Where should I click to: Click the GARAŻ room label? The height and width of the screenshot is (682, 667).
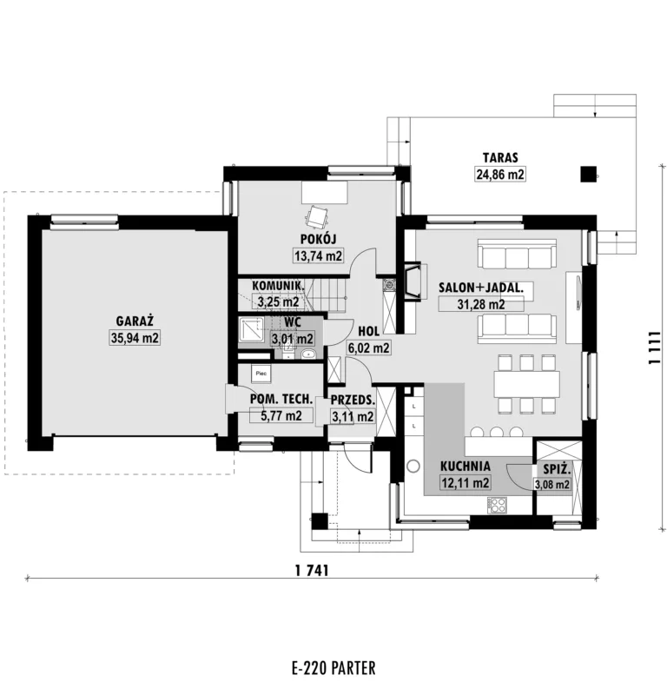[x=135, y=321]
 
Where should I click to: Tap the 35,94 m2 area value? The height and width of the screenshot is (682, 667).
[x=135, y=337]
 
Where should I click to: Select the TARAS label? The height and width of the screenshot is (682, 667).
[x=500, y=157]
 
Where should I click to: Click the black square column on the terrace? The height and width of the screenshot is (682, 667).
[x=589, y=175]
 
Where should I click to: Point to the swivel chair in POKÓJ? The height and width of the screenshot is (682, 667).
[x=316, y=216]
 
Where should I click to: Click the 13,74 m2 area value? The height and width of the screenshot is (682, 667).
[x=318, y=255]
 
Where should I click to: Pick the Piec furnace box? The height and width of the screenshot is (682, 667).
[x=261, y=374]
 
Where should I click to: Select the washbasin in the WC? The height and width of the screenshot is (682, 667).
[x=308, y=354]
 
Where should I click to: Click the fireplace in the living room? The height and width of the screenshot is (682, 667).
[x=413, y=281]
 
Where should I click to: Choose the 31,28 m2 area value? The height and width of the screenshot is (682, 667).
[x=481, y=304]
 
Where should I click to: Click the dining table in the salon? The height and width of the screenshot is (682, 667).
[x=526, y=384]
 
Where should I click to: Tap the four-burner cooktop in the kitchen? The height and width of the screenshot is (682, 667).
[x=498, y=505]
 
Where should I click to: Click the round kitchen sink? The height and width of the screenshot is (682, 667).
[x=413, y=467]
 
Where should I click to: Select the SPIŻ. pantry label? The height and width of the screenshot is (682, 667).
[x=557, y=470]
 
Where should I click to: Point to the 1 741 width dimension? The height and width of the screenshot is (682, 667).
[x=312, y=570]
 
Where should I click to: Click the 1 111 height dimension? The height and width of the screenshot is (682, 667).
[x=654, y=348]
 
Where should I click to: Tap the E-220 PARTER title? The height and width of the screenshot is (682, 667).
[x=333, y=667]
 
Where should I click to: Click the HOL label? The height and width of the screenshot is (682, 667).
[x=369, y=331]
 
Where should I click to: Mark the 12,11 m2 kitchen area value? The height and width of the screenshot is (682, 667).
[x=466, y=482]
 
